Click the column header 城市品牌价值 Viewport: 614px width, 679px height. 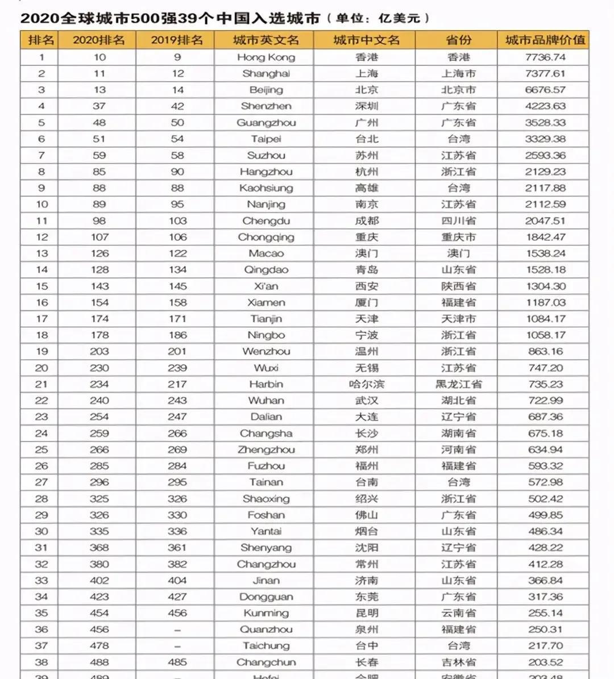pos(545,40)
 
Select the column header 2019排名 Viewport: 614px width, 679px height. pos(176,40)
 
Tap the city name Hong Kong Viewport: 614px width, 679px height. pos(265,57)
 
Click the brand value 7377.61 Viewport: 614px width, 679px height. pos(545,73)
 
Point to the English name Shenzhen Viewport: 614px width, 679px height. pos(265,106)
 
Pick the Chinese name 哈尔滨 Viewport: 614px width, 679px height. pos(366,384)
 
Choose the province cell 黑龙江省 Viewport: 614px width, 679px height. pos(458,384)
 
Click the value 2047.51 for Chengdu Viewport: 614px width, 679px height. pos(545,221)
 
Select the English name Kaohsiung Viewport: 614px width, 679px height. pos(265,188)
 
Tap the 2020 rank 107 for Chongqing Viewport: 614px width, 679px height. pos(99,237)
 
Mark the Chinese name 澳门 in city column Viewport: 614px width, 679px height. pos(366,253)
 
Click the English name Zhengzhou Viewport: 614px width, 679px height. pos(265,449)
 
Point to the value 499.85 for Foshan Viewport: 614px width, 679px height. pos(545,515)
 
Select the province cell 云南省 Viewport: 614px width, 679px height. pos(458,613)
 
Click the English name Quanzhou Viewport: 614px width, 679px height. pos(265,630)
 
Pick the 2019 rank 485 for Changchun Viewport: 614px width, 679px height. pos(177,663)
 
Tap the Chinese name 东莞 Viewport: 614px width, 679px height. pos(366,597)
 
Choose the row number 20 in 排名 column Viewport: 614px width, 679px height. pos(42,368)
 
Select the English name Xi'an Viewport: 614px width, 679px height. pos(265,286)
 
